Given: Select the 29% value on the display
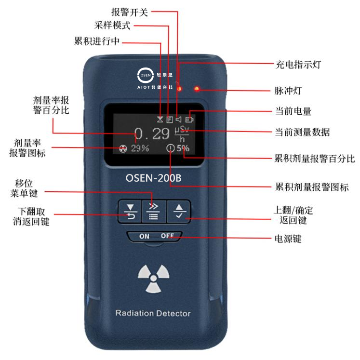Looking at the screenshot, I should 140,148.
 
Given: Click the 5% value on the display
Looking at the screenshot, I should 183,148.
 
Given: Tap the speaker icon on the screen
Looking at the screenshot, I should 179,119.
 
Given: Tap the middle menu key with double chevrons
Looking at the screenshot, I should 154,211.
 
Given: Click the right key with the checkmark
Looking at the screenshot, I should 179,211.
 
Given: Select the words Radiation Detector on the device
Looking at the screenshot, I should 153,313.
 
